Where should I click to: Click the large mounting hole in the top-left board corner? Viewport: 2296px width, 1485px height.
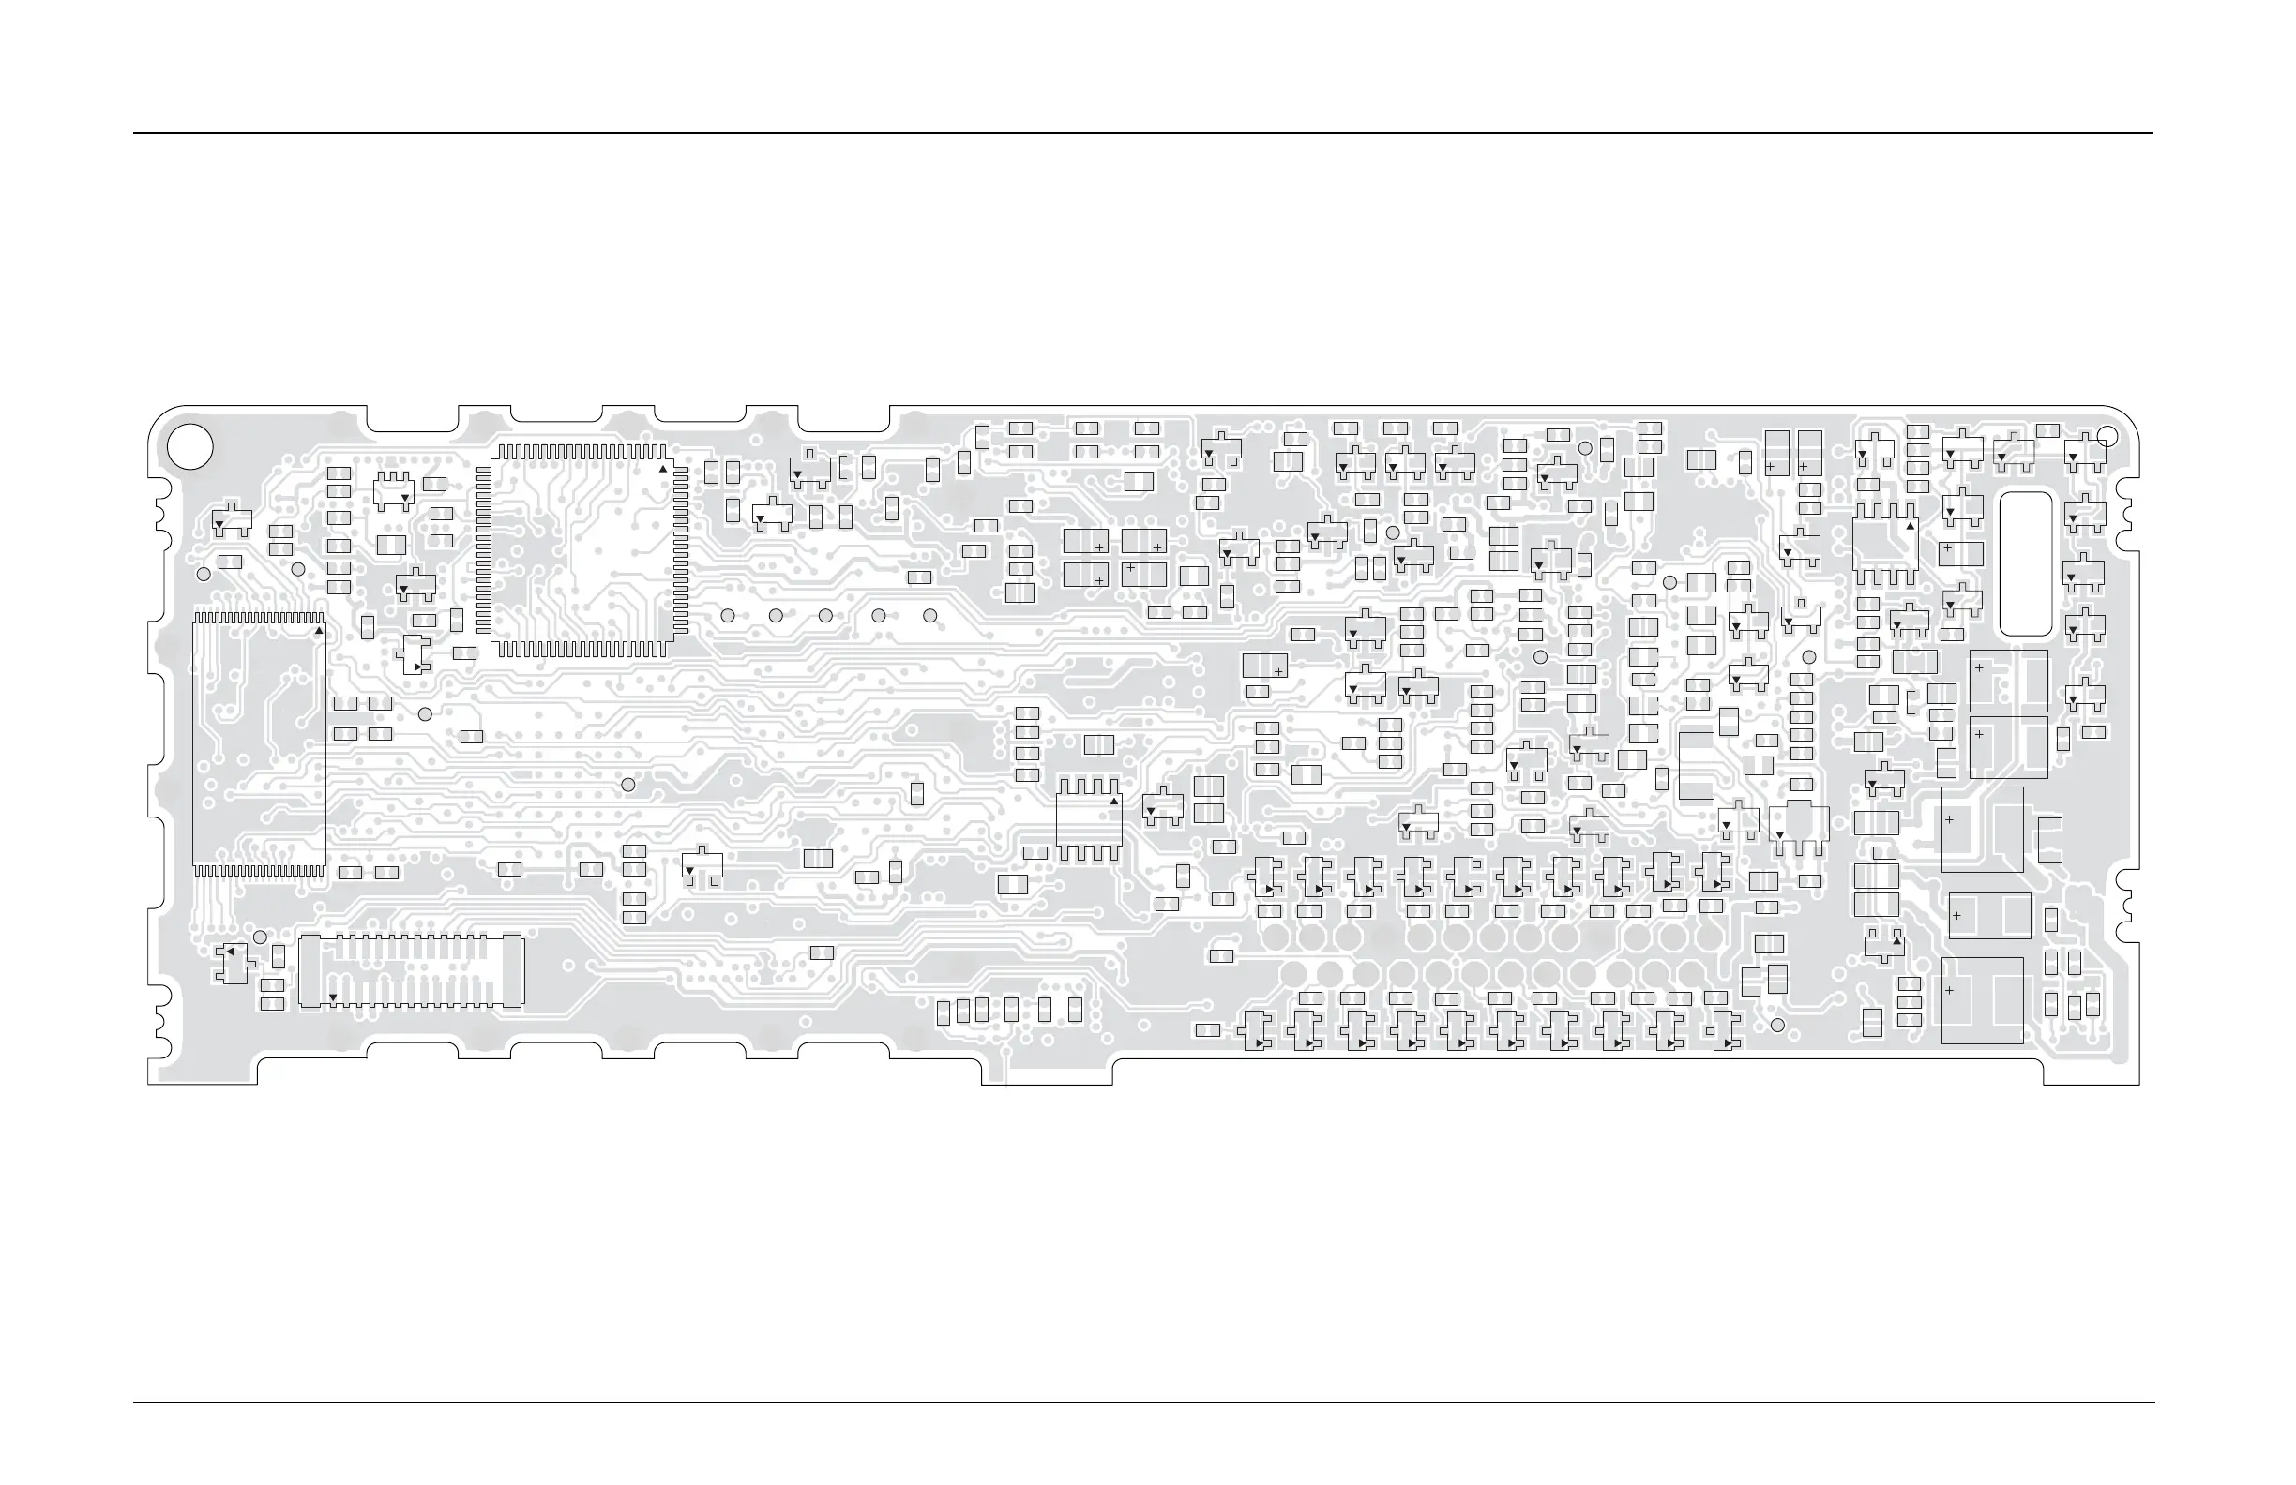tap(190, 446)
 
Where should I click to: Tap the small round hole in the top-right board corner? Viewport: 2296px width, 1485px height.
tap(2107, 437)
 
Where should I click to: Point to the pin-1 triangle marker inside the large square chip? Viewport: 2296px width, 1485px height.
tap(663, 470)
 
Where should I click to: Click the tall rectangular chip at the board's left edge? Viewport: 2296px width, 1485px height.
tap(259, 743)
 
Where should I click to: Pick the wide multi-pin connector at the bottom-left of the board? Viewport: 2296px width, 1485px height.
tap(411, 971)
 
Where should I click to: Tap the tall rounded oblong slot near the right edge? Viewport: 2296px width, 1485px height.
tap(2026, 564)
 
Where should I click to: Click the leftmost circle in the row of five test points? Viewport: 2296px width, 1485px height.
tap(729, 615)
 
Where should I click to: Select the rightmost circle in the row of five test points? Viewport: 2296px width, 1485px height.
tap(930, 615)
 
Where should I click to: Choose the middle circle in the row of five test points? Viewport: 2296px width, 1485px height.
tap(825, 615)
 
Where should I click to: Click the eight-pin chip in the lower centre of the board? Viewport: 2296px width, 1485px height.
tap(1089, 818)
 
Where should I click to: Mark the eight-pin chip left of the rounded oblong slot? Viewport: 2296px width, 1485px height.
tap(1886, 544)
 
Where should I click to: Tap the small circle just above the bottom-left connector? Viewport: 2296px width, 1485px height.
tap(260, 937)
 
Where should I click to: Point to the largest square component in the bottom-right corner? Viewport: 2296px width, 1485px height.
tap(1982, 1001)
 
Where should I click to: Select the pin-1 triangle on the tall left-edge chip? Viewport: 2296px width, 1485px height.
tap(319, 631)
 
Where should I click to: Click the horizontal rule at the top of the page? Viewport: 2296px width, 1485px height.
tap(1143, 133)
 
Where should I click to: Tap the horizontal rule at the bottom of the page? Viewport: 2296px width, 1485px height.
tap(1143, 1403)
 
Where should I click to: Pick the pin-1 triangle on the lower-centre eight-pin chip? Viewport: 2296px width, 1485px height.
tap(1114, 802)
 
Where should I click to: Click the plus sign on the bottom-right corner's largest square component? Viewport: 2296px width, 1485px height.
tap(1950, 990)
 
